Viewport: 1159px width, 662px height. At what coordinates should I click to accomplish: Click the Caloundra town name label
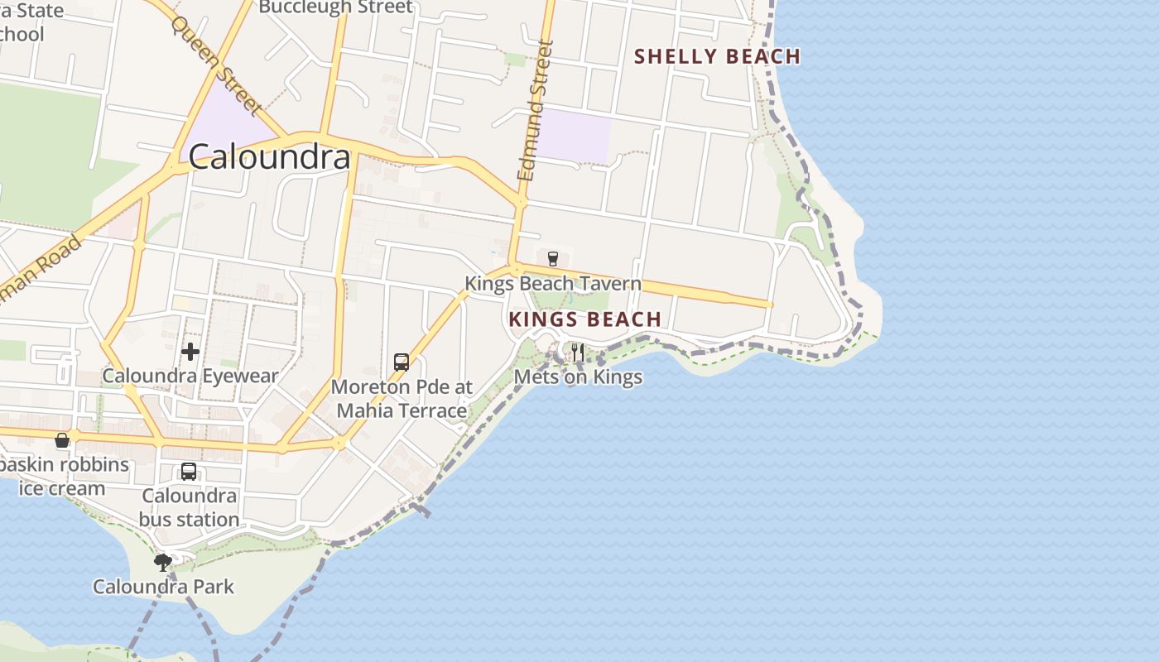click(270, 156)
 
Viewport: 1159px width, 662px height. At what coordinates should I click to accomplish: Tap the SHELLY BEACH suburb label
click(717, 56)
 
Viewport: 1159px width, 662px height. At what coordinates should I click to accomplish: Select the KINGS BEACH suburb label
click(585, 319)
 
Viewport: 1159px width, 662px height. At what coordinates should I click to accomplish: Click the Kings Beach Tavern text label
click(553, 284)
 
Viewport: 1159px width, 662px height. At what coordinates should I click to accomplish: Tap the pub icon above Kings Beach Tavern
click(553, 259)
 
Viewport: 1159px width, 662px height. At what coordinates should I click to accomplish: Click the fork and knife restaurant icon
click(578, 353)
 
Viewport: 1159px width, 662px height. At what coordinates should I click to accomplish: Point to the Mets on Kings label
click(578, 377)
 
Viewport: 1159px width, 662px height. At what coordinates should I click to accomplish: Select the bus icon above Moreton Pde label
click(402, 362)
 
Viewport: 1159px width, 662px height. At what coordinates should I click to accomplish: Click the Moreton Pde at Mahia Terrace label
click(402, 398)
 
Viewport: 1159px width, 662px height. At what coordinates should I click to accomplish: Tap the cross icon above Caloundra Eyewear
click(190, 352)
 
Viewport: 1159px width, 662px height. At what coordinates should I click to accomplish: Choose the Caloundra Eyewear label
click(190, 376)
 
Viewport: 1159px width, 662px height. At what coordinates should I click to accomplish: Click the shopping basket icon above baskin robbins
click(62, 440)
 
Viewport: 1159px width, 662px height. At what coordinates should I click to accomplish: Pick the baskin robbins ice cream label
click(63, 476)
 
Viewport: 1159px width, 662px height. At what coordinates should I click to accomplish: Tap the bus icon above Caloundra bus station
click(189, 472)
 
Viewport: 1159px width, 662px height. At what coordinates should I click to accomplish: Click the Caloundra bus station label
click(189, 507)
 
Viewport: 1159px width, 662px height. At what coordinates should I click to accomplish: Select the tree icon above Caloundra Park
click(163, 563)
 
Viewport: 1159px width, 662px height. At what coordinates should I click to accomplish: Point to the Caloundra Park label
click(163, 587)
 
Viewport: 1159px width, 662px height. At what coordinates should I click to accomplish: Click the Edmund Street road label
click(535, 111)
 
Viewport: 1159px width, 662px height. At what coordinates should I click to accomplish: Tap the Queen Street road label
click(216, 64)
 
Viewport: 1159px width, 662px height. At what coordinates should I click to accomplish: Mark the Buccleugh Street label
click(335, 7)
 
